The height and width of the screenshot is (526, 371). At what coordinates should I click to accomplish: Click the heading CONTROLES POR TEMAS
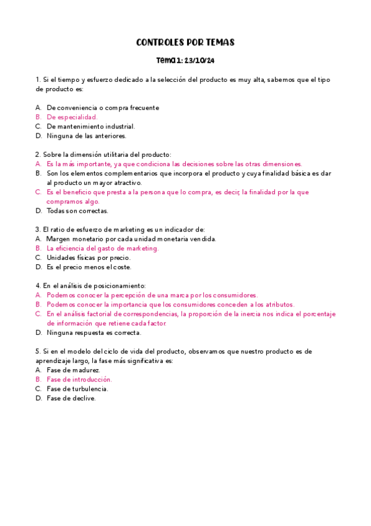(185, 43)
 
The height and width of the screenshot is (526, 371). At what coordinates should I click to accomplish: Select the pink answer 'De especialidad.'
(72, 117)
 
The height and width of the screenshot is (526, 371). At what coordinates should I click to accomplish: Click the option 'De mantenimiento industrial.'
(90, 126)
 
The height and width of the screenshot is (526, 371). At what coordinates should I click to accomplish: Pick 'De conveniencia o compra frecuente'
(103, 107)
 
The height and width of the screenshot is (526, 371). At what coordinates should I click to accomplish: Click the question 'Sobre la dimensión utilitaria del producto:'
(103, 154)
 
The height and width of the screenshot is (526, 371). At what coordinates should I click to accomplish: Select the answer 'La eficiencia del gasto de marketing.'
(103, 248)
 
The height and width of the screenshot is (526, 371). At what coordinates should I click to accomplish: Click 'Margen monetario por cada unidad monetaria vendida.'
(131, 239)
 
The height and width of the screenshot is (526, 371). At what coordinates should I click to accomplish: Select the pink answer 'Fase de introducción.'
(79, 379)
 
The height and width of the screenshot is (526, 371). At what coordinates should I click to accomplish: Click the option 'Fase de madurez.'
(73, 370)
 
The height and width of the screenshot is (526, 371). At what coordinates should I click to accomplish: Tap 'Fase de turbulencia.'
(77, 389)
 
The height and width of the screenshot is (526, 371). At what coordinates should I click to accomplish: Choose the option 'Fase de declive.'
(71, 398)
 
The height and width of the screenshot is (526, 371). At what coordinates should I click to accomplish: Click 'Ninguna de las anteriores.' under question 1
(87, 135)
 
